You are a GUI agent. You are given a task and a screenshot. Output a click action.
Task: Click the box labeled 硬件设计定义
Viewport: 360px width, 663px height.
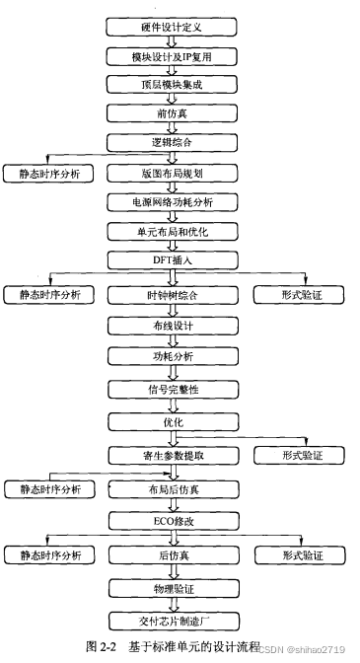click(x=176, y=27)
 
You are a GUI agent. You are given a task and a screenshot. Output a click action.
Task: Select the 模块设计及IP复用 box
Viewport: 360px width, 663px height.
click(x=176, y=56)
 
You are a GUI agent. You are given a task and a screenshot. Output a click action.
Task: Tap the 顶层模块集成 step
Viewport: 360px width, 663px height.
click(x=176, y=85)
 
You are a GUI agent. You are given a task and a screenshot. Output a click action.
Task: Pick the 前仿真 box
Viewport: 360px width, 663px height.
click(x=176, y=113)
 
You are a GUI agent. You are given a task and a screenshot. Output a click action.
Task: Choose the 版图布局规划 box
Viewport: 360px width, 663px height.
click(x=176, y=173)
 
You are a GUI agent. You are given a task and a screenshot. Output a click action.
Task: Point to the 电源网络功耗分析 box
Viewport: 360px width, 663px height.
click(x=176, y=201)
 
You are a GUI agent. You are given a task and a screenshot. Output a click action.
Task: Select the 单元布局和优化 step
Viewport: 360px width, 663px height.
click(x=176, y=230)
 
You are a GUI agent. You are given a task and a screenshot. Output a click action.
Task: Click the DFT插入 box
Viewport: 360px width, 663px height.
click(x=176, y=258)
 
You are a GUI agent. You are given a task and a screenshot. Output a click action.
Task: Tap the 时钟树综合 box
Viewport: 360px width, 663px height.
click(x=176, y=294)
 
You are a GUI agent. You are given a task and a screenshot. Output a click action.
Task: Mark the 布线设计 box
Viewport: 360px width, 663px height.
click(x=176, y=327)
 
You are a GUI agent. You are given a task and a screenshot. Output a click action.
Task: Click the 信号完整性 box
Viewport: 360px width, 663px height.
click(x=176, y=389)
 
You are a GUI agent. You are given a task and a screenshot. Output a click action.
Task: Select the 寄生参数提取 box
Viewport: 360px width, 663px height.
click(x=176, y=455)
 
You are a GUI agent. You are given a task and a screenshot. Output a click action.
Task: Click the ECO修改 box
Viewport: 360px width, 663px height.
click(x=176, y=520)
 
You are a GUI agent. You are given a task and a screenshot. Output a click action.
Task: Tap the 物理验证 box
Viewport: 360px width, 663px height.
click(x=176, y=589)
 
